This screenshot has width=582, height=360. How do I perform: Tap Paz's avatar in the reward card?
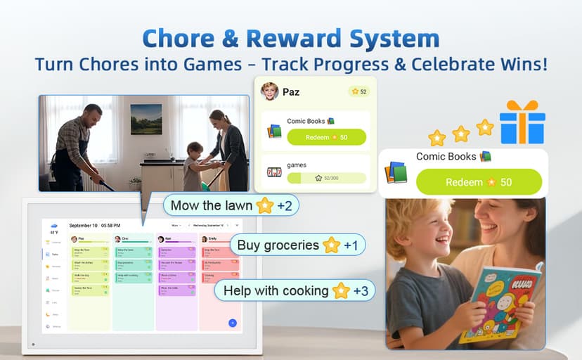pos(269,91)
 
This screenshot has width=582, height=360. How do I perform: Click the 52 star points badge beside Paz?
pos(358,91)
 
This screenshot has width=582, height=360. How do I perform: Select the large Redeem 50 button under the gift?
pos(479,182)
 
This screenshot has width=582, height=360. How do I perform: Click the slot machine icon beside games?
pos(274,172)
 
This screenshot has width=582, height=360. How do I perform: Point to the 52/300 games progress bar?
pos(326,179)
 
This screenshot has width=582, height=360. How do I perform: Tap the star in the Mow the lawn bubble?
pos(265,206)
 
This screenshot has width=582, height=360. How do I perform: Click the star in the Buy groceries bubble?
pos(331,245)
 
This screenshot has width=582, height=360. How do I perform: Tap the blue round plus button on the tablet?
pos(233,323)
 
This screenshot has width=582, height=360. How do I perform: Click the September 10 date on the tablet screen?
pos(84,226)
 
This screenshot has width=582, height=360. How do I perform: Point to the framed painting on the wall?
pos(146,119)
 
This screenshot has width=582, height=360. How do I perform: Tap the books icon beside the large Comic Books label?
pos(396,172)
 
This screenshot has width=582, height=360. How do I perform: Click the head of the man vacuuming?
pos(92,115)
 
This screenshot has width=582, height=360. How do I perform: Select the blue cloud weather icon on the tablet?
pos(54,226)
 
